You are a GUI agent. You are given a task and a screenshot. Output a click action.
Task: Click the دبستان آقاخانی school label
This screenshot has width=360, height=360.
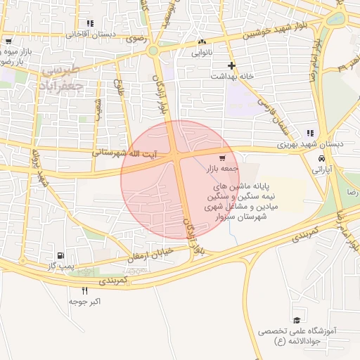90,34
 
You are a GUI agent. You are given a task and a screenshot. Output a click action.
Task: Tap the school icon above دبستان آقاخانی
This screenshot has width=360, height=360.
89,23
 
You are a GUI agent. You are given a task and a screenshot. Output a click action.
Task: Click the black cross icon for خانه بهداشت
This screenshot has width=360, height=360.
231,65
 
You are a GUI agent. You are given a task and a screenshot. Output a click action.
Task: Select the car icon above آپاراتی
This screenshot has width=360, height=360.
321,158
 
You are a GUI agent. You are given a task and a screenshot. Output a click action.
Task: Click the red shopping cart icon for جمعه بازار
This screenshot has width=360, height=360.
222,158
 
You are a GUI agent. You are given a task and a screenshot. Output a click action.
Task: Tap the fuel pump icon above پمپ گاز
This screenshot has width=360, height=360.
60,255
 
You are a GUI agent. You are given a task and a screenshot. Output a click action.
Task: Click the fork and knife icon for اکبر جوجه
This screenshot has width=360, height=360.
85,290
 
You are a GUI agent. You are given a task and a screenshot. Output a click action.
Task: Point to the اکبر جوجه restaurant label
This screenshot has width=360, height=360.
85,301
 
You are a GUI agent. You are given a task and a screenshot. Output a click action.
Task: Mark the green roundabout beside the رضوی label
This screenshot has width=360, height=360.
154,50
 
